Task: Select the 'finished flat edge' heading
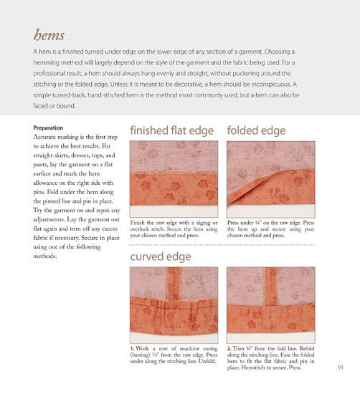click(172, 131)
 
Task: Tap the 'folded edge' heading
click(256, 131)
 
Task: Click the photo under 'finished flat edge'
click(173, 178)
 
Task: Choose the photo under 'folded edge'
click(270, 178)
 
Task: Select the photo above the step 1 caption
click(173, 300)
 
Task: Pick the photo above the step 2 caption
click(270, 300)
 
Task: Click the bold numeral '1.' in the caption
click(133, 348)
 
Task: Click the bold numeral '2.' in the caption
click(229, 348)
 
